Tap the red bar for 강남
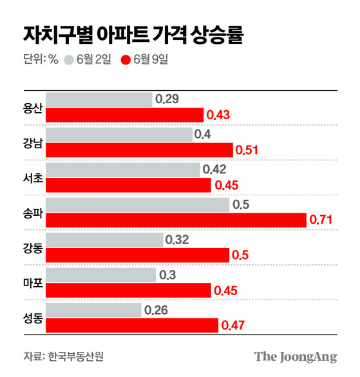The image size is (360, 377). coord(139,150)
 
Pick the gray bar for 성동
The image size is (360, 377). coord(94,310)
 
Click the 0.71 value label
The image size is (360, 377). coord(321,220)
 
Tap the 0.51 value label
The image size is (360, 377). coord(247,150)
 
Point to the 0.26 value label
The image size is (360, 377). coord(156,310)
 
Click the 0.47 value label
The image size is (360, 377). coord(233,325)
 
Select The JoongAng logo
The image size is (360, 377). coord(296,356)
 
